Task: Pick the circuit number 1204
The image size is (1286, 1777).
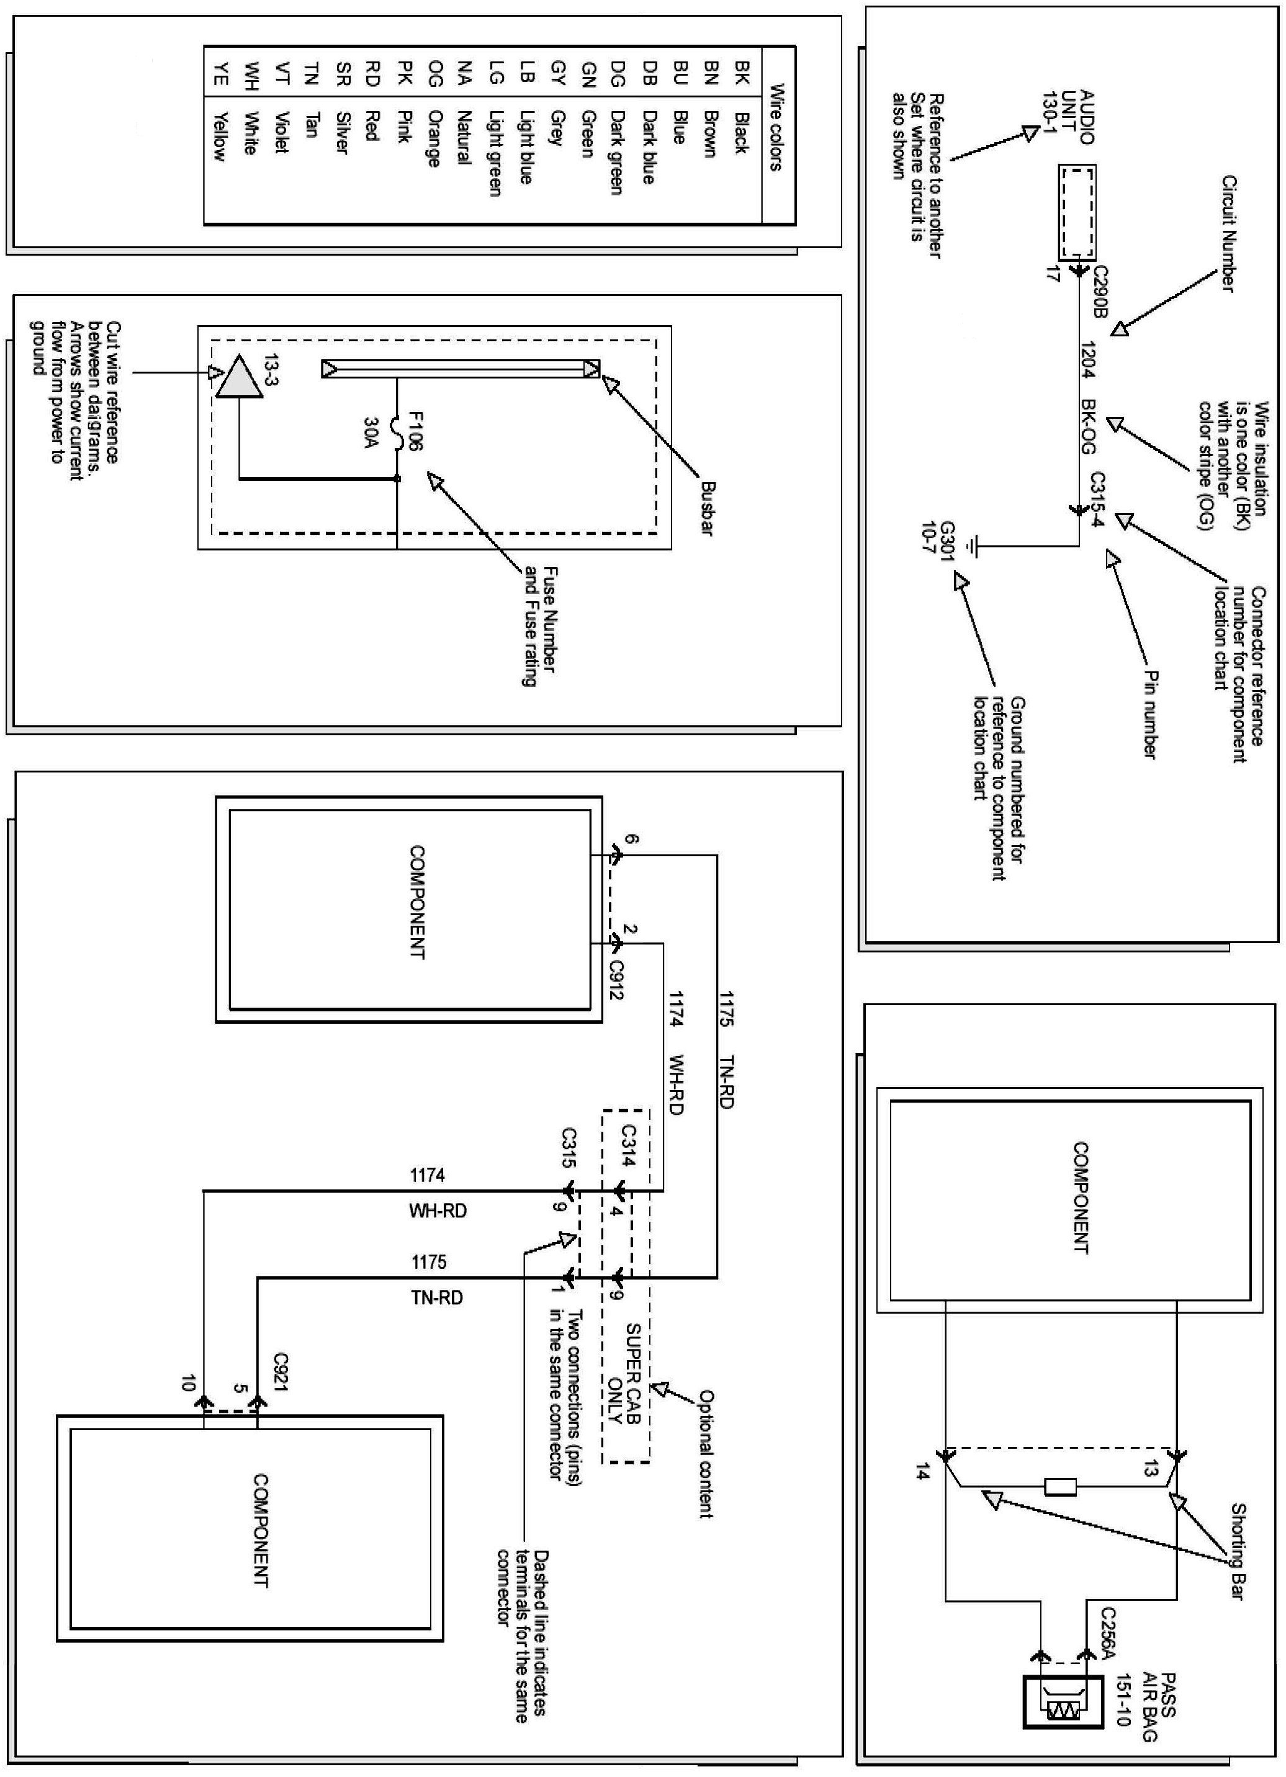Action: (1088, 360)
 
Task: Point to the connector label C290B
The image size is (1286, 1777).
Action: (1099, 290)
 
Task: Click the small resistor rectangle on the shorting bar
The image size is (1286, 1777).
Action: (1059, 1487)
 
